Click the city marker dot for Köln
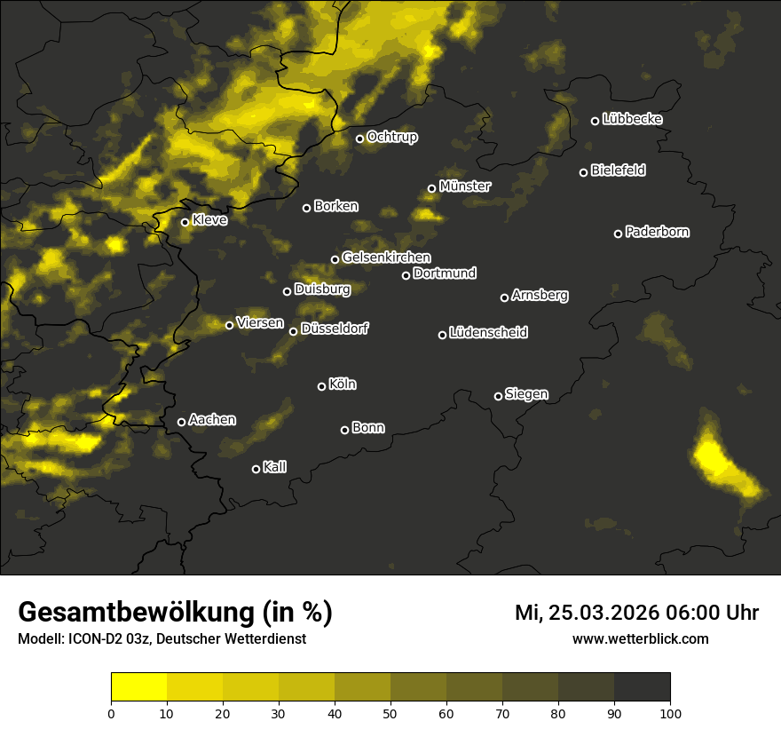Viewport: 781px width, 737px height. [321, 386]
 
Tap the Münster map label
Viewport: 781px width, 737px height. [464, 186]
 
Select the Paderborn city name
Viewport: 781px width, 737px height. [657, 232]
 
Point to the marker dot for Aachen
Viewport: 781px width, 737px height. [181, 422]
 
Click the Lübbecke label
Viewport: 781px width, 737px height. [632, 119]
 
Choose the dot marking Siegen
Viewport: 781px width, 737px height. [498, 396]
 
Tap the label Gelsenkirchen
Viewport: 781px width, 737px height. [386, 258]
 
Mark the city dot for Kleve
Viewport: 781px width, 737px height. [185, 222]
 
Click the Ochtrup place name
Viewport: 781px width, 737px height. [391, 137]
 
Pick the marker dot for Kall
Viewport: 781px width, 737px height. [256, 469]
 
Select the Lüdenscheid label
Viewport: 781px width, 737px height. [488, 333]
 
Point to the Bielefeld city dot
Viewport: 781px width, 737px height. [583, 172]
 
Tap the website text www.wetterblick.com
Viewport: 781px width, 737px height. [640, 638]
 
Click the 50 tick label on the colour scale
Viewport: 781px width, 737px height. [390, 713]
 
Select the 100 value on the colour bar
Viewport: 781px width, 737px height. [670, 713]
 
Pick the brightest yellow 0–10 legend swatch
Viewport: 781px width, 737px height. [139, 687]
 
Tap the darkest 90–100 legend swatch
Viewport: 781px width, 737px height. [643, 687]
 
